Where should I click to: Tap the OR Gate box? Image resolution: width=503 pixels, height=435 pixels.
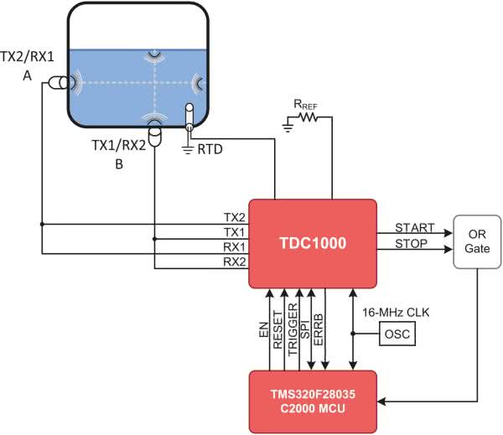(x=475, y=243)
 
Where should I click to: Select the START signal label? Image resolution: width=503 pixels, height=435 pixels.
(x=415, y=227)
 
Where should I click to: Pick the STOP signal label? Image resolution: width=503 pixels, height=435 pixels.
(x=411, y=244)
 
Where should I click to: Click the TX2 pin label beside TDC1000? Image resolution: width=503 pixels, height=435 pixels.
(x=234, y=217)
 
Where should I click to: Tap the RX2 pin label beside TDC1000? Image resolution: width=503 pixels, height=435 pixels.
(x=234, y=262)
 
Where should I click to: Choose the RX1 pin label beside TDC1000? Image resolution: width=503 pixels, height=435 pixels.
(x=234, y=247)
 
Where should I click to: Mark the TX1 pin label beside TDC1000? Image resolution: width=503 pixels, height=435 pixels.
(x=234, y=232)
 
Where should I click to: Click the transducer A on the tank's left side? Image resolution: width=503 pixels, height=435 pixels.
(x=59, y=83)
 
